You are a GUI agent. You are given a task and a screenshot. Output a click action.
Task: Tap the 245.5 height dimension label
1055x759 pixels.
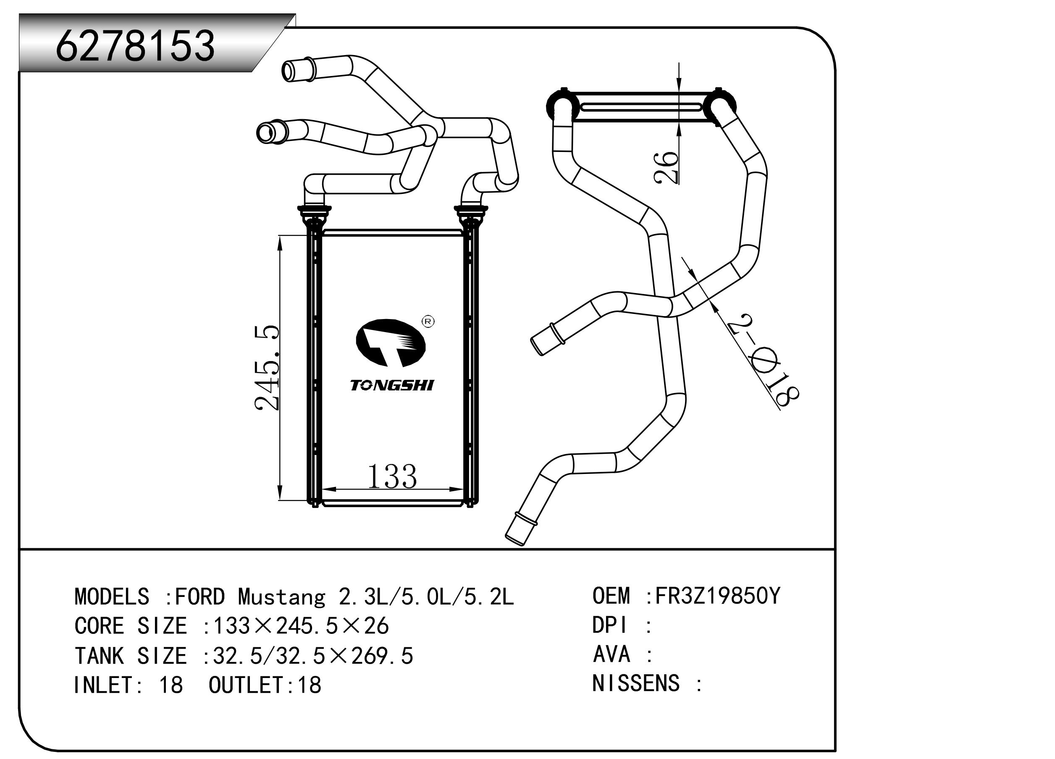pyautogui.click(x=268, y=367)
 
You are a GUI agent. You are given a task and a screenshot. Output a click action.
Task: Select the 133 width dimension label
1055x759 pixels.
pyautogui.click(x=392, y=477)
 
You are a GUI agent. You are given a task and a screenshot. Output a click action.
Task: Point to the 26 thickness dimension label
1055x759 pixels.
pyautogui.click(x=666, y=168)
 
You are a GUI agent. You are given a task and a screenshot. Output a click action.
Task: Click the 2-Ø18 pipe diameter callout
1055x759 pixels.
pyautogui.click(x=763, y=361)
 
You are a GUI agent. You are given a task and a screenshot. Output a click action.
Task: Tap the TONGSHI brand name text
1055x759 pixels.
pyautogui.click(x=392, y=385)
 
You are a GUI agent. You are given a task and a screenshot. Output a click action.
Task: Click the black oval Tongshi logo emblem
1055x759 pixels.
pyautogui.click(x=390, y=342)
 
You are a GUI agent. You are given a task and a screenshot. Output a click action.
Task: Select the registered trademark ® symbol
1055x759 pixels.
pyautogui.click(x=428, y=322)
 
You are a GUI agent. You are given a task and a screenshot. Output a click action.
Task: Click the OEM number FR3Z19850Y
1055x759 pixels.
pyautogui.click(x=717, y=596)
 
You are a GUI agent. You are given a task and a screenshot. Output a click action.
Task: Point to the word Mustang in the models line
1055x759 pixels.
pyautogui.click(x=281, y=597)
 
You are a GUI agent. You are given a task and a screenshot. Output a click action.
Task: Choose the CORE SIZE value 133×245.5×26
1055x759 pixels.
pyautogui.click(x=300, y=626)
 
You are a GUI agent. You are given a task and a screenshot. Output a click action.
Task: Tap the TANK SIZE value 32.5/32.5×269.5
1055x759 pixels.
pyautogui.click(x=312, y=656)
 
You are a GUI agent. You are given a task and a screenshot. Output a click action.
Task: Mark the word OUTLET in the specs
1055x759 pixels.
pyautogui.click(x=245, y=685)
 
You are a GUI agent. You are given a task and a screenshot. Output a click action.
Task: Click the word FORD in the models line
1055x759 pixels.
pyautogui.click(x=200, y=597)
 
